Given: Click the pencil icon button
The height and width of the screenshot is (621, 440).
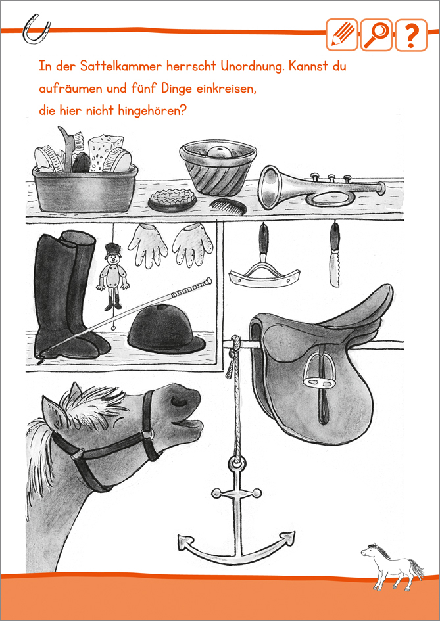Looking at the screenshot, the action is tap(342, 34).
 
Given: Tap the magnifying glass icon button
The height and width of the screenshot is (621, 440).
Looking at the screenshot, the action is tap(376, 34).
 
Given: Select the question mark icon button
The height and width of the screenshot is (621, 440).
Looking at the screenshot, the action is tap(411, 34).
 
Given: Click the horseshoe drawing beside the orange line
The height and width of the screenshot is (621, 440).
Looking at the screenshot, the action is tap(36, 30).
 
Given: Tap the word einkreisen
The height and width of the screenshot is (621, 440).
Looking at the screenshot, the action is tap(226, 88).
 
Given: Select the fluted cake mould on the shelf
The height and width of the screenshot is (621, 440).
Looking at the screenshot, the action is tap(218, 166).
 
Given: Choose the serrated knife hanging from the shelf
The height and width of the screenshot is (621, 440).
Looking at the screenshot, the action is tap(335, 256).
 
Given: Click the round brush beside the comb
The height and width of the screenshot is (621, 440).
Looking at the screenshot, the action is tap(172, 199).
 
